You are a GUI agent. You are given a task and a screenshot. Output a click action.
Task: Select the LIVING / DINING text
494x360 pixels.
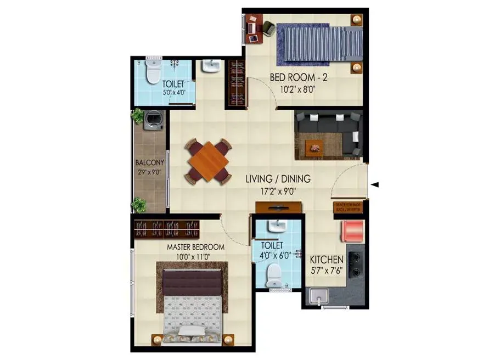(x=278, y=179)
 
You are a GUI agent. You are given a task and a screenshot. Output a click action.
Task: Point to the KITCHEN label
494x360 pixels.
(x=327, y=260)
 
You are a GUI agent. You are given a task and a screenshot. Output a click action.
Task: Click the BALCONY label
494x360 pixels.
(x=150, y=163)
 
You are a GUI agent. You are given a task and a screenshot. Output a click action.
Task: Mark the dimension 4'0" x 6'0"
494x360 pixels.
(x=272, y=256)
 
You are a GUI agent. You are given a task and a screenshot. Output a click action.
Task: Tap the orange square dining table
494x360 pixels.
(x=208, y=161)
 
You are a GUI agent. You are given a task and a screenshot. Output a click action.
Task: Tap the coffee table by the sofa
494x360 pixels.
(x=315, y=147)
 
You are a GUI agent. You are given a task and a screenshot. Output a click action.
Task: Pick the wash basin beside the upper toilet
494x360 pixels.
(x=210, y=67)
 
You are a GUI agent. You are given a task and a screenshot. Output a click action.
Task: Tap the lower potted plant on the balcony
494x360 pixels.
(x=139, y=205)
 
